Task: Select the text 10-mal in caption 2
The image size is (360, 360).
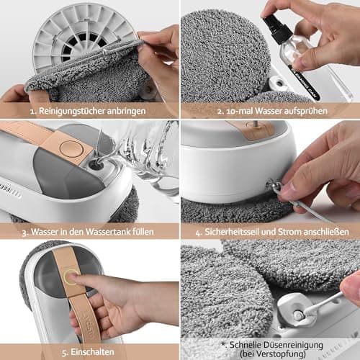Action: pyautogui.click(x=239, y=111)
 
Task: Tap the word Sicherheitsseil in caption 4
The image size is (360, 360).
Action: pyautogui.click(x=231, y=232)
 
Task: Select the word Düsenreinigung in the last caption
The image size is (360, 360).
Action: pyautogui.click(x=293, y=345)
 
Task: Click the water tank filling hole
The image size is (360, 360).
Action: pyautogui.click(x=96, y=166)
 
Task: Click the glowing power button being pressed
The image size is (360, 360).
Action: pyautogui.click(x=71, y=276)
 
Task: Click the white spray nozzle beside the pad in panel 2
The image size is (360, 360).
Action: pyautogui.click(x=279, y=83)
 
